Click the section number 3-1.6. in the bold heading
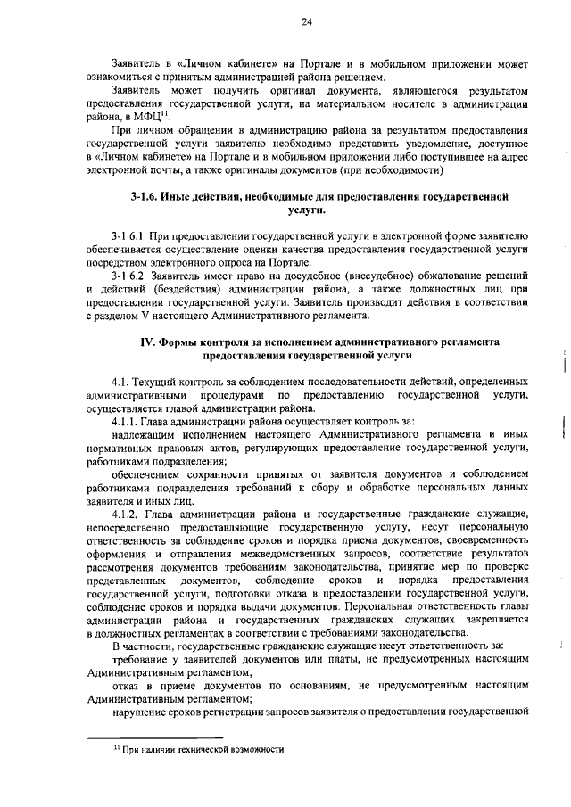click(144, 194)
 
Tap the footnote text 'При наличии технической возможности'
click(204, 751)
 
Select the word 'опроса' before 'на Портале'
click(247, 263)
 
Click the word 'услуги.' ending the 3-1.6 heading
click(306, 209)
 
